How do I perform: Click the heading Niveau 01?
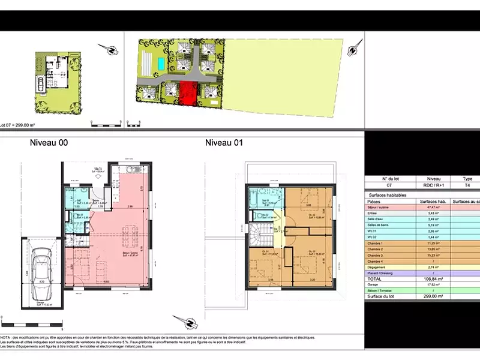225,143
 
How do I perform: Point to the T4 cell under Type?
467,186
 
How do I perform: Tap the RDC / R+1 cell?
433,186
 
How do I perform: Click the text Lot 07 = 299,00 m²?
17,125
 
